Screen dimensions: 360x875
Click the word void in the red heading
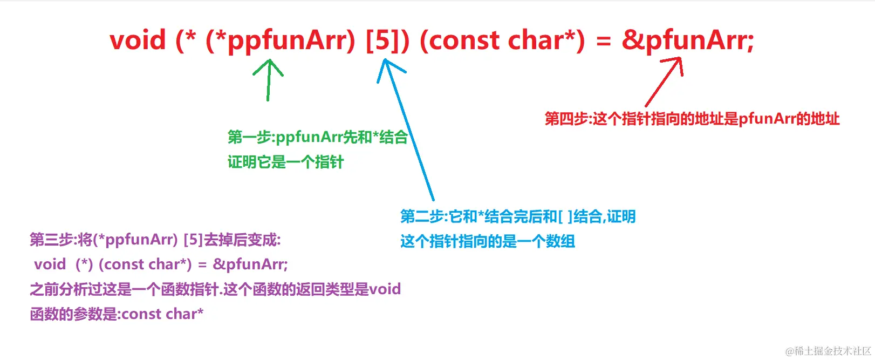click(138, 40)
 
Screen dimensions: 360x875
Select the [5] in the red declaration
click(382, 40)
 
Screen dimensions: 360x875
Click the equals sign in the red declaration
click(604, 41)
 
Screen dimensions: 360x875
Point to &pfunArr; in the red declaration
click(688, 40)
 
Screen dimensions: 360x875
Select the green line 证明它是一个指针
click(285, 162)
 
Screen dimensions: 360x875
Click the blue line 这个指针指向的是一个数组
click(488, 241)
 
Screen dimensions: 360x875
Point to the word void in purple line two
click(50, 264)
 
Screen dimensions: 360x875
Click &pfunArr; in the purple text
click(250, 264)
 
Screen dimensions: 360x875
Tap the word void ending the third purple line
click(385, 289)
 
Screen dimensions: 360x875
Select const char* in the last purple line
click(162, 314)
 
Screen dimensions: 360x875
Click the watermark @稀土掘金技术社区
click(828, 351)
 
